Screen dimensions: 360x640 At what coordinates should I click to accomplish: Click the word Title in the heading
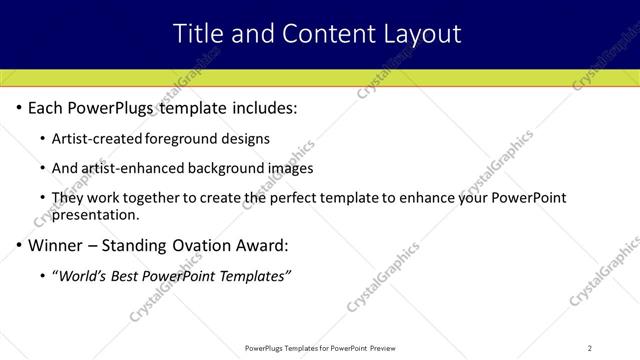pyautogui.click(x=198, y=33)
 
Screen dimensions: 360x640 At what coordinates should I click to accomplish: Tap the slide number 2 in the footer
pyautogui.click(x=590, y=348)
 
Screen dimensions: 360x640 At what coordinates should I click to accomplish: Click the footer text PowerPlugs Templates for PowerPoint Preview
pyautogui.click(x=319, y=348)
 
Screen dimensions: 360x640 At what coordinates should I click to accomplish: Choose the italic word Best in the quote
pyautogui.click(x=130, y=276)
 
